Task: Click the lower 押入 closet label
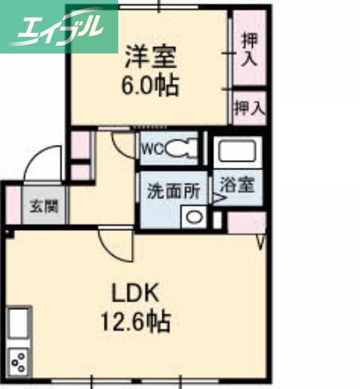coord(249,107)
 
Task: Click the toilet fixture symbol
coord(180,147)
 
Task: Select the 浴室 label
coord(237,185)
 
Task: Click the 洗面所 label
coord(173,191)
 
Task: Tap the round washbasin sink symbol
coord(195,217)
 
